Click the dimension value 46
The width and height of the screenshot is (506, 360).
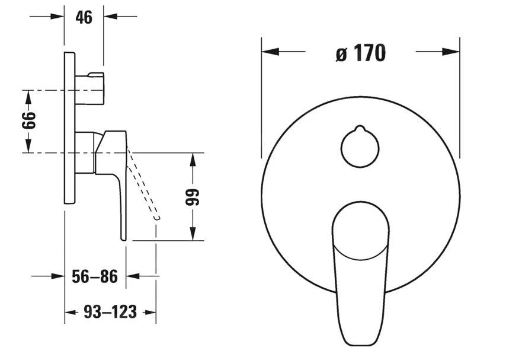point(84,17)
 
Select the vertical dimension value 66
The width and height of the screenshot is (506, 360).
point(28,121)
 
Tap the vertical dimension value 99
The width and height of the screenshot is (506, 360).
point(194,197)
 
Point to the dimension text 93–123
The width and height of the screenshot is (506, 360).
point(110,311)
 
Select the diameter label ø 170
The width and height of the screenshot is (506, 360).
point(360,53)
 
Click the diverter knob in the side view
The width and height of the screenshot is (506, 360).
point(90,86)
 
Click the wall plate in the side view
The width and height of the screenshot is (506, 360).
point(69,128)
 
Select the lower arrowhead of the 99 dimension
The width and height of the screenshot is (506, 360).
point(193,235)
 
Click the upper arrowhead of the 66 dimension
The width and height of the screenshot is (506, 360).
point(28,96)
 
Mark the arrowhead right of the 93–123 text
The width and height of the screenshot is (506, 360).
point(149,311)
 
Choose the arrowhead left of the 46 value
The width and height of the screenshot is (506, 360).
point(57,16)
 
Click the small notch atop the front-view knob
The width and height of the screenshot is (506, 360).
point(360,129)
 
